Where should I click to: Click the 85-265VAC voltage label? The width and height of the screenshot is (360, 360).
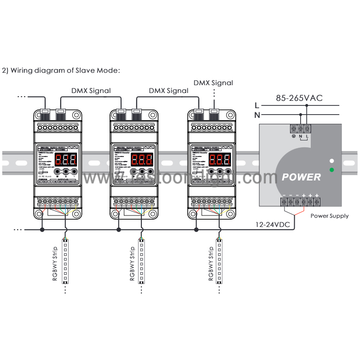click(x=299, y=98)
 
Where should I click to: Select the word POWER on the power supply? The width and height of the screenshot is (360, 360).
click(x=302, y=177)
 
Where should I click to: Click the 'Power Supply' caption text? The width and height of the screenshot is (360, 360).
click(x=329, y=215)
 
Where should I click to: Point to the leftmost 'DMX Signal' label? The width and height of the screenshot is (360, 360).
click(x=91, y=91)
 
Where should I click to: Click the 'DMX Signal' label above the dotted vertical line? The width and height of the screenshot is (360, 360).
click(x=213, y=83)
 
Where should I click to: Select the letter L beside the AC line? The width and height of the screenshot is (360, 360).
click(x=257, y=106)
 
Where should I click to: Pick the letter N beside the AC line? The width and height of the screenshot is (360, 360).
click(x=257, y=115)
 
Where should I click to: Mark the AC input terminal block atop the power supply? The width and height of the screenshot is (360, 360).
click(x=300, y=129)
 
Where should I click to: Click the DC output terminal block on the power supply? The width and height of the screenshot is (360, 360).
click(x=300, y=202)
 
